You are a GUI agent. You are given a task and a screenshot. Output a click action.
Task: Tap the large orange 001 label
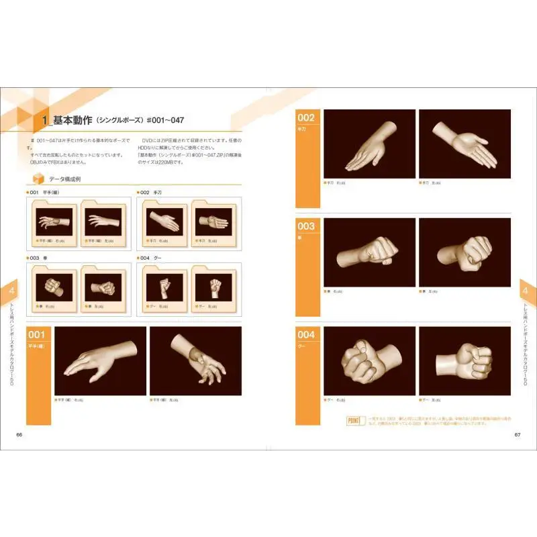pos(38,335)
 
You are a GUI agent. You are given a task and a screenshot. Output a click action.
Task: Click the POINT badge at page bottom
pos(355,421)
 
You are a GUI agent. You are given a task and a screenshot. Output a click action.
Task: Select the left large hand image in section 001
pos(99,361)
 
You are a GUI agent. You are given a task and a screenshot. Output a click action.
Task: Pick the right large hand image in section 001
pos(195,361)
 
